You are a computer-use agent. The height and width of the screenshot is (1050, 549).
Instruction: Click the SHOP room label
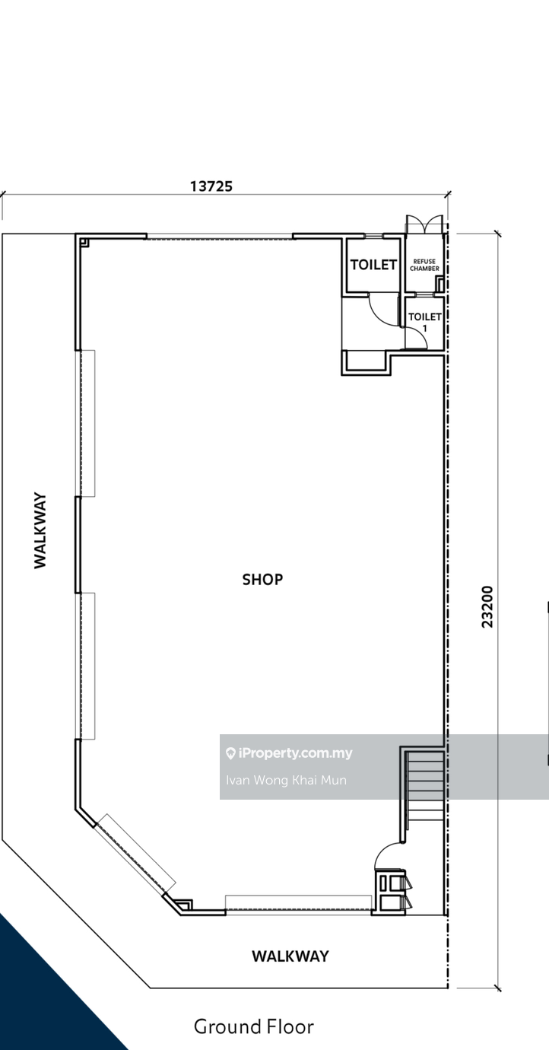pyautogui.click(x=262, y=580)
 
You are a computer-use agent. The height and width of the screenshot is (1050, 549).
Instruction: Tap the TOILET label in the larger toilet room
pyautogui.click(x=373, y=265)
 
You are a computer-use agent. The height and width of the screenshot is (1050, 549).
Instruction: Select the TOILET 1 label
pyautogui.click(x=424, y=322)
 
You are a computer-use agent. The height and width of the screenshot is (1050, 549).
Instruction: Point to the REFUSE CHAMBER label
pyautogui.click(x=424, y=265)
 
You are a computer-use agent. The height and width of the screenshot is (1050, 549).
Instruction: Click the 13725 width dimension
pyautogui.click(x=211, y=186)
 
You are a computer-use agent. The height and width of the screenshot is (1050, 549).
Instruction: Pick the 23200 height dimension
pyautogui.click(x=487, y=606)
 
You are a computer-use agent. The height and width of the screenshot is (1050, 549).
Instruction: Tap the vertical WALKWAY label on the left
pyautogui.click(x=40, y=530)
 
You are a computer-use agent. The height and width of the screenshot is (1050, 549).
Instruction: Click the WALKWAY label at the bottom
pyautogui.click(x=290, y=956)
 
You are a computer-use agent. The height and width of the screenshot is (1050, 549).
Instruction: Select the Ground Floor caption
pyautogui.click(x=253, y=1026)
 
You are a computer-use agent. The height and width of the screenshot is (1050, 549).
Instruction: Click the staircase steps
pyautogui.click(x=426, y=784)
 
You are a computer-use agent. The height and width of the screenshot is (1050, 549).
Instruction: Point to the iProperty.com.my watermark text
pyautogui.click(x=295, y=753)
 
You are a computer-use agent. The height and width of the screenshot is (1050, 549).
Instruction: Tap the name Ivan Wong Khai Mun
pyautogui.click(x=286, y=780)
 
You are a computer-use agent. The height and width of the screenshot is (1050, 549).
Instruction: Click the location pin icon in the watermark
pyautogui.click(x=230, y=753)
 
